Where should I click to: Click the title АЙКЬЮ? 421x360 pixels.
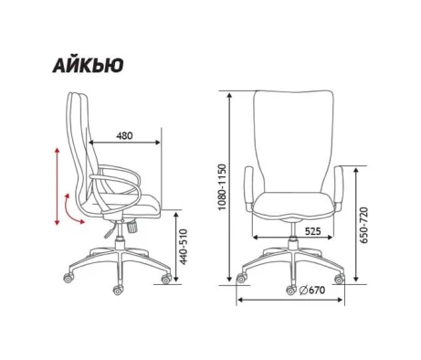[88, 65]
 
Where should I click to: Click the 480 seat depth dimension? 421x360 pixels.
[124, 135]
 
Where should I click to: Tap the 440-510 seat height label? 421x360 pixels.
[183, 247]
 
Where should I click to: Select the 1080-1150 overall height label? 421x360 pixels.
[223, 187]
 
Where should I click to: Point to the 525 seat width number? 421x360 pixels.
[312, 231]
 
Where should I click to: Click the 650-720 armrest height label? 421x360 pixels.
[363, 226]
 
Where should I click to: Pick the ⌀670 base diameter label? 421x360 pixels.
[312, 291]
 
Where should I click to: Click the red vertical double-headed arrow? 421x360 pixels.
[57, 186]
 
